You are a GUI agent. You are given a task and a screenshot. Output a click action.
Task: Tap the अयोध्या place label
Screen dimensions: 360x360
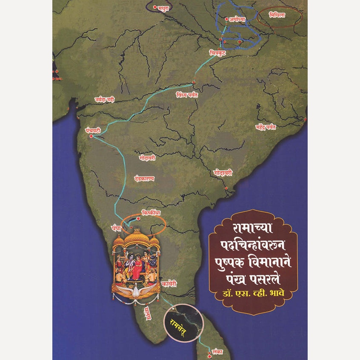[237, 19]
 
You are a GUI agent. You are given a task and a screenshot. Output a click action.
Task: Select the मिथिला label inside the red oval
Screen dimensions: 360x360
[277, 16]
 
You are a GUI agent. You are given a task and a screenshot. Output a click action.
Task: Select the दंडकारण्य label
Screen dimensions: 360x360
[143, 179]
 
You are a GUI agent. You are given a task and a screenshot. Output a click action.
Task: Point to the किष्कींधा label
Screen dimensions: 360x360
[151, 212]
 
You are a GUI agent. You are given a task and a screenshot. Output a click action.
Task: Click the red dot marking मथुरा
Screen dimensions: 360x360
[155, 7]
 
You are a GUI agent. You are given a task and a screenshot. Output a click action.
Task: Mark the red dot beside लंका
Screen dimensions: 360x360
[209, 352]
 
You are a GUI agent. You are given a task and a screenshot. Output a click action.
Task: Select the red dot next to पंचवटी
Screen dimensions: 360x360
[91, 136]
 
